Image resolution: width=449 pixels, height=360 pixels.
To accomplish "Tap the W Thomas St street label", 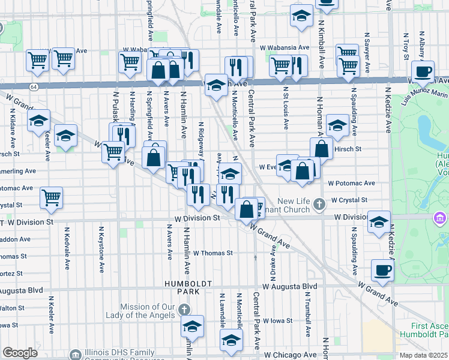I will (x=212, y=253).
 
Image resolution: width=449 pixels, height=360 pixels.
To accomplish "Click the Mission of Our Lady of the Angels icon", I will (x=184, y=310).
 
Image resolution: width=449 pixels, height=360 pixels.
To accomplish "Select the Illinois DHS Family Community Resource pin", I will (x=75, y=355).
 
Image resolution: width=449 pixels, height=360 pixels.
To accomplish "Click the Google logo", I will (x=20, y=353).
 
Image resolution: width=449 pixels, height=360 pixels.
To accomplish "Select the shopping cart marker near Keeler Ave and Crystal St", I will (x=52, y=197).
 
